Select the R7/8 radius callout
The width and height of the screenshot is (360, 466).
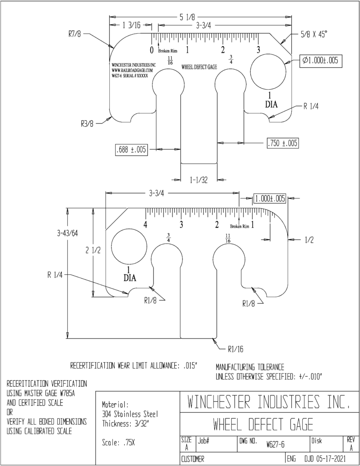tap(74, 34)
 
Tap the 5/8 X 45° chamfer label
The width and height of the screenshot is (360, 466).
tap(313, 35)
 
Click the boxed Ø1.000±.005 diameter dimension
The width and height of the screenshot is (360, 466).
tap(320, 61)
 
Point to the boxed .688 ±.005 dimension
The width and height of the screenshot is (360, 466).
tap(131, 149)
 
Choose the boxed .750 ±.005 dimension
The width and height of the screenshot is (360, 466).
tap(282, 143)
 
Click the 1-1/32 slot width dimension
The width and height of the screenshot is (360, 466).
tap(199, 180)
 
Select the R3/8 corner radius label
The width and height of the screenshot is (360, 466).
tap(87, 124)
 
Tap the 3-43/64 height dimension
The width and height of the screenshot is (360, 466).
tap(67, 233)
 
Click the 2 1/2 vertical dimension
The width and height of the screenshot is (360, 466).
tap(93, 250)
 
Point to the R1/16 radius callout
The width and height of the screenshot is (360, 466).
tap(235, 349)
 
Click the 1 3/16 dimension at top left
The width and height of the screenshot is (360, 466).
tap(131, 25)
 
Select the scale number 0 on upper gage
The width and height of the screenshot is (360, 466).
tap(151, 50)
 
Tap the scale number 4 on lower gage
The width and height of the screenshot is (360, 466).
tap(145, 224)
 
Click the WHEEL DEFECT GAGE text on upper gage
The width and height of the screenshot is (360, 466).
tap(199, 67)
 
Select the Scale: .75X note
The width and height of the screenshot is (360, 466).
tap(118, 443)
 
